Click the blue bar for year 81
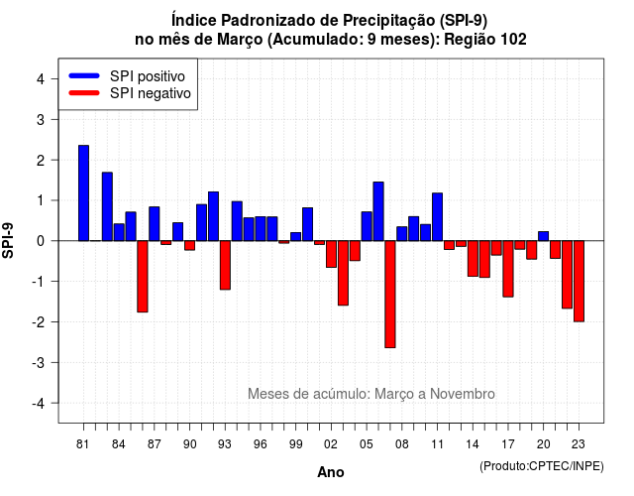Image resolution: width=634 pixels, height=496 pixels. [83, 193]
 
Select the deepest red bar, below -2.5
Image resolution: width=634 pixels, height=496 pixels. [390, 295]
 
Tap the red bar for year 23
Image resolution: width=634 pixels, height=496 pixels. [579, 282]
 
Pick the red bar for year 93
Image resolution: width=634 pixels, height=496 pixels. [225, 265]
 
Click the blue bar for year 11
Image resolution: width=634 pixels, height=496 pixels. [438, 217]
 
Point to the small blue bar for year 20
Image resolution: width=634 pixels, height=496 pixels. [544, 236]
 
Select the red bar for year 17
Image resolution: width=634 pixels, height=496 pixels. [508, 269]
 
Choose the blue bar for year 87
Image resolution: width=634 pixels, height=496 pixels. [155, 224]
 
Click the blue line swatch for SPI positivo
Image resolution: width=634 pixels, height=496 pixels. [84, 75]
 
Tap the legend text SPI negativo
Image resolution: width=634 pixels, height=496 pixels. [151, 93]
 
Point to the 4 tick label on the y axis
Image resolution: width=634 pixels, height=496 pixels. [41, 79]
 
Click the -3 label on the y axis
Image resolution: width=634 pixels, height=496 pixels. [38, 362]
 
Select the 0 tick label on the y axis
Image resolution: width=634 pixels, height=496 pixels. [41, 241]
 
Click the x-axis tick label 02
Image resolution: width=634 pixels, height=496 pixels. [331, 444]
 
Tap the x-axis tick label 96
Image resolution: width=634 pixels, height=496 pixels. [261, 444]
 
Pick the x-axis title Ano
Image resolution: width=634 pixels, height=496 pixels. [331, 472]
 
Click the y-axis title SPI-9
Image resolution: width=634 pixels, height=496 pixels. [8, 241]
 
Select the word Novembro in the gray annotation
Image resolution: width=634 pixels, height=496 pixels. [463, 394]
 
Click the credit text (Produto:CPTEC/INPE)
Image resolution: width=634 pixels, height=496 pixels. [542, 466]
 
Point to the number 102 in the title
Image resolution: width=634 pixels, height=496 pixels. [513, 40]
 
